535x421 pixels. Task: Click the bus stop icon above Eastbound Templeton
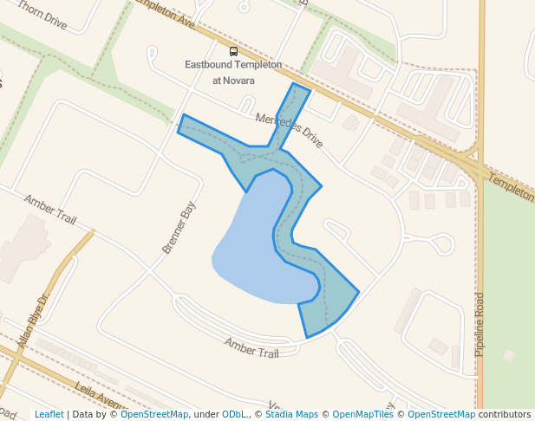pos(233,51)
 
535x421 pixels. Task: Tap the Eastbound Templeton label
pos(233,65)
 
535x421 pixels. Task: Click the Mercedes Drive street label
pos(289,130)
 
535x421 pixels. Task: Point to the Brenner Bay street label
pos(179,228)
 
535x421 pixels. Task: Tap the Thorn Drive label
pos(41,15)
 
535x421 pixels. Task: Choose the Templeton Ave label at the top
pos(165,15)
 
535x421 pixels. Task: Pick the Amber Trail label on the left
pos(50,208)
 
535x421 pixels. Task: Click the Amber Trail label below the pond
pos(251,347)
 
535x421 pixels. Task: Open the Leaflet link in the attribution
pos(49,414)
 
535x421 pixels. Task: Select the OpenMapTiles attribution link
pos(364,414)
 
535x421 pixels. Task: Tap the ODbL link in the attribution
pos(234,414)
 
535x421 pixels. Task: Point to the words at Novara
pos(233,81)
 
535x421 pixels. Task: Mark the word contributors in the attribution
pos(505,414)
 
